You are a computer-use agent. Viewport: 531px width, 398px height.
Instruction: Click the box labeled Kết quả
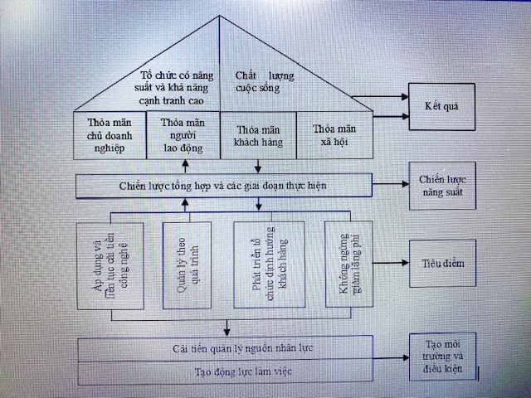click(x=442, y=107)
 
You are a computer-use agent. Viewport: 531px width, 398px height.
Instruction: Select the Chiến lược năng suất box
click(x=442, y=186)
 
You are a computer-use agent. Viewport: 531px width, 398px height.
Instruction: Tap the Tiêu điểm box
click(x=442, y=264)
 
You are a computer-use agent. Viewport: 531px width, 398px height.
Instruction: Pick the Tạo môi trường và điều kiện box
click(x=442, y=357)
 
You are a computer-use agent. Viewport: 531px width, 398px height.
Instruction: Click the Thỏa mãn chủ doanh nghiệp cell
click(x=110, y=135)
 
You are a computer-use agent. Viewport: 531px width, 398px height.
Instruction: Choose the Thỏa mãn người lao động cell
click(x=183, y=135)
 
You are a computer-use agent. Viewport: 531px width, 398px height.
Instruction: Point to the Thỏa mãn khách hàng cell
click(x=258, y=135)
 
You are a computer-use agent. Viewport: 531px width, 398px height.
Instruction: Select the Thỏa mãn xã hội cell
click(x=334, y=135)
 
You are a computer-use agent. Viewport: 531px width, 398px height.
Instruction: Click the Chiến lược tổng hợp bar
click(x=224, y=186)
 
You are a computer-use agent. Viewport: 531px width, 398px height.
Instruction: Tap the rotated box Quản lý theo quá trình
click(x=187, y=265)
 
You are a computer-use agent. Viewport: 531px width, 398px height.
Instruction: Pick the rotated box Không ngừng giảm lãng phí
click(x=349, y=264)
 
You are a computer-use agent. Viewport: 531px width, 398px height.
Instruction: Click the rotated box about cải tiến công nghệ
click(x=110, y=266)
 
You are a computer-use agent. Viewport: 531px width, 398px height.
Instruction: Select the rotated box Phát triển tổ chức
click(x=270, y=265)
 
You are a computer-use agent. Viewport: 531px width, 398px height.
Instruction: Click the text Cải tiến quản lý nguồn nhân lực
click(x=242, y=348)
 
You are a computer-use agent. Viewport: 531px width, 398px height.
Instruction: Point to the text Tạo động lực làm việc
click(x=243, y=371)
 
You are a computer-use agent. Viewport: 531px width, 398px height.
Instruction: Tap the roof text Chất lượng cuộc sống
click(x=265, y=81)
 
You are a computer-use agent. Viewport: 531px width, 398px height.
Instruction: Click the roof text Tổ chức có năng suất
click(x=173, y=88)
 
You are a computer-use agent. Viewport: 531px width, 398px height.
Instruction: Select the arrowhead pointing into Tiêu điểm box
click(x=406, y=263)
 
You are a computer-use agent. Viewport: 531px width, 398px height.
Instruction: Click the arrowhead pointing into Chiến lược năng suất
click(x=406, y=184)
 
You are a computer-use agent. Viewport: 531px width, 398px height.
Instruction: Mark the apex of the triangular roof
click(x=219, y=15)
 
